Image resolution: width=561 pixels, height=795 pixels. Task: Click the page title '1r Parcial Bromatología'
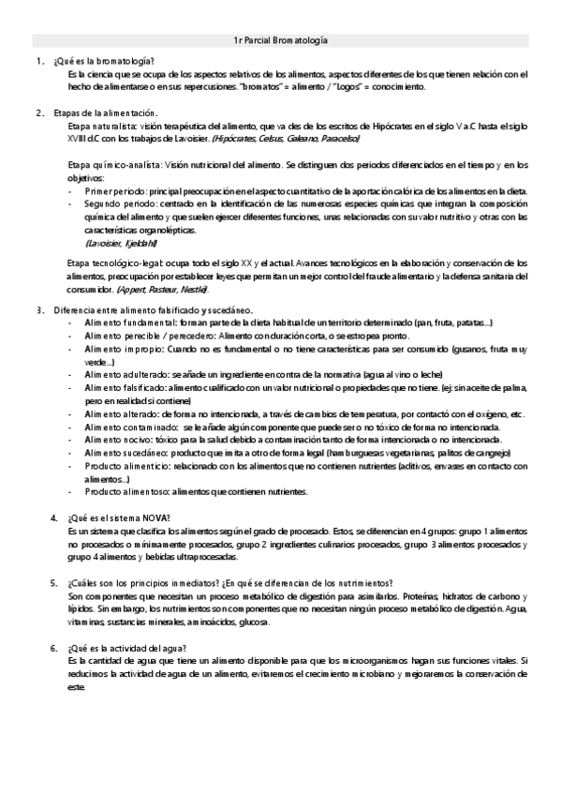point(280,40)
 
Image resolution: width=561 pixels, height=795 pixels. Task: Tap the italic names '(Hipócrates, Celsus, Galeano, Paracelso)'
point(286,138)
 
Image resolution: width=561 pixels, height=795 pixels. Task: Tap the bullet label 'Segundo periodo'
point(118,202)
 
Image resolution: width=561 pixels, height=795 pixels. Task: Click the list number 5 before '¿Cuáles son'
point(54,582)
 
